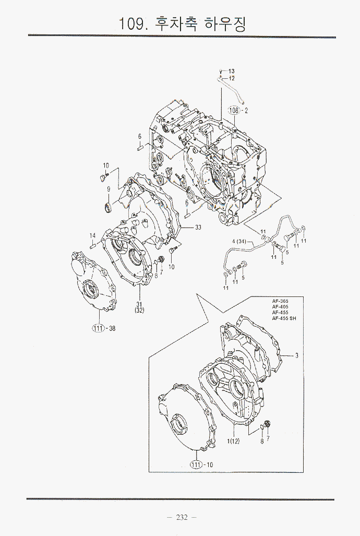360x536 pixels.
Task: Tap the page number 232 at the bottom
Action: pyautogui.click(x=182, y=517)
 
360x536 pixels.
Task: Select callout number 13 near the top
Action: pyautogui.click(x=231, y=71)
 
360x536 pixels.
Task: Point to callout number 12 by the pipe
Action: pyautogui.click(x=231, y=78)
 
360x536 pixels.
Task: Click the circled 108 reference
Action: pyautogui.click(x=234, y=110)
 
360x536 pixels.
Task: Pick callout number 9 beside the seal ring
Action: pyautogui.click(x=109, y=189)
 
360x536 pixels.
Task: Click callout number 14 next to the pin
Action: pyautogui.click(x=92, y=235)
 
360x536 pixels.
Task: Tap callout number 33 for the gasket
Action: pyautogui.click(x=198, y=227)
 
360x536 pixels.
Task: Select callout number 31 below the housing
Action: pyautogui.click(x=139, y=304)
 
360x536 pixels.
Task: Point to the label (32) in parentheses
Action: pyautogui.click(x=139, y=311)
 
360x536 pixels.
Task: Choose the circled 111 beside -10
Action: pyautogui.click(x=196, y=464)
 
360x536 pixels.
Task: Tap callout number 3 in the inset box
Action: pyautogui.click(x=296, y=356)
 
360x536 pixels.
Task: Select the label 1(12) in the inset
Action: pyautogui.click(x=233, y=442)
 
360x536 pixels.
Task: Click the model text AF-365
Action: pyautogui.click(x=280, y=301)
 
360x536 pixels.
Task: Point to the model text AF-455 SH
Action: pyautogui.click(x=283, y=318)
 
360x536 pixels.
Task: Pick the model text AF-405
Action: pyautogui.click(x=280, y=307)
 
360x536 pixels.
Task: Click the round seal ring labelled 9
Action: pyautogui.click(x=109, y=208)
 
